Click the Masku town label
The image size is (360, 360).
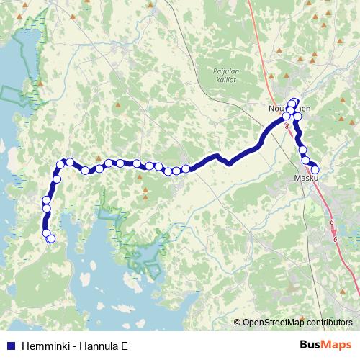[306, 177]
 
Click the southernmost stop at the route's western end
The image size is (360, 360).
[50, 239]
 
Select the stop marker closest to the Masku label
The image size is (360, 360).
[315, 169]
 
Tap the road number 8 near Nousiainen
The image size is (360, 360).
[287, 125]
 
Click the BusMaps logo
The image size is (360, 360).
[325, 343]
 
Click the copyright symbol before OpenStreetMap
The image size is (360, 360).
[237, 323]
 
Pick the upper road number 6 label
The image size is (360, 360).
[331, 222]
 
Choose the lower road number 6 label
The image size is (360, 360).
[336, 239]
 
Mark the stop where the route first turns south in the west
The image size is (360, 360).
[62, 165]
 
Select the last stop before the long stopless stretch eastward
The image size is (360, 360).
[186, 168]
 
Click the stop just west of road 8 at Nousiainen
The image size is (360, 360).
[286, 116]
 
